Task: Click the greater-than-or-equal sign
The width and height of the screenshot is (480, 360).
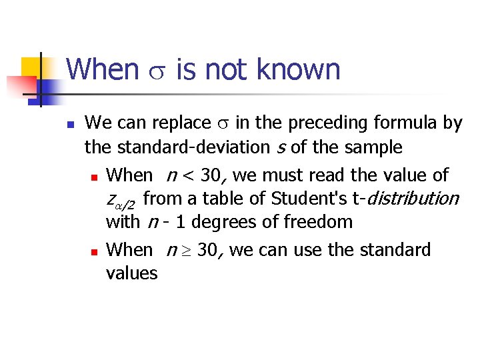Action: [x=187, y=251]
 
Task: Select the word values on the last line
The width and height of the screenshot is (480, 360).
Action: [x=132, y=273]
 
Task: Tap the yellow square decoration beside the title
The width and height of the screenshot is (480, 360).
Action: [x=31, y=67]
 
